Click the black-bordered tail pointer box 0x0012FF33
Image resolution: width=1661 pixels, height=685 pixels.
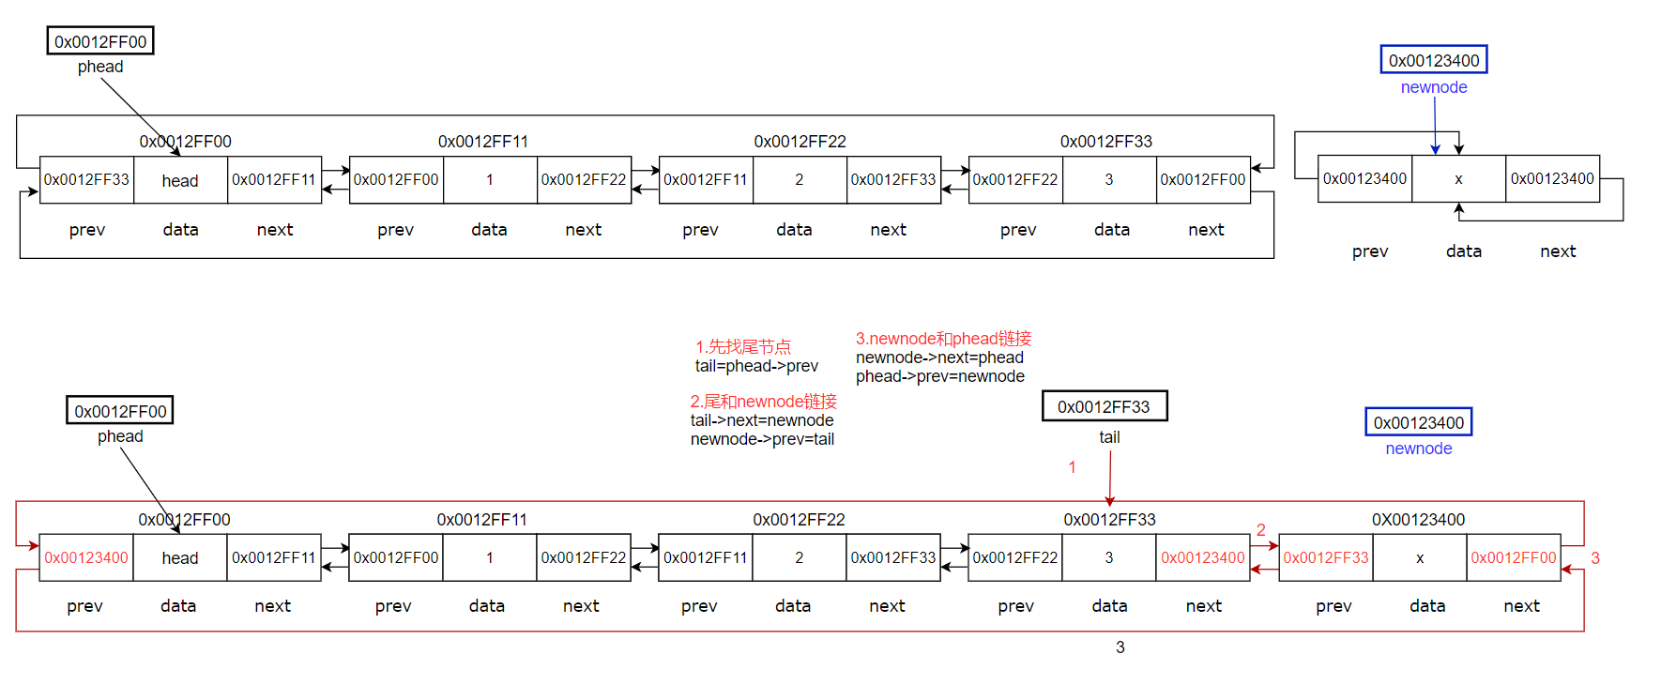click(1105, 406)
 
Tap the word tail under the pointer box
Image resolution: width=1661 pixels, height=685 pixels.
click(1109, 437)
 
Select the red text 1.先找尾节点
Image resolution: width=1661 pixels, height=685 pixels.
click(743, 347)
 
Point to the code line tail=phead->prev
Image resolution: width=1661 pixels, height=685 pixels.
click(756, 366)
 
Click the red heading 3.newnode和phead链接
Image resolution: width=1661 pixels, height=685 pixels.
click(943, 339)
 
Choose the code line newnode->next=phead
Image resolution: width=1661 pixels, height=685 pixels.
click(939, 358)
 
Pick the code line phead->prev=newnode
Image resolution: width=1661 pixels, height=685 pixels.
click(939, 376)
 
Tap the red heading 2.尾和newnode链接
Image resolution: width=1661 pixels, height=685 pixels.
click(763, 402)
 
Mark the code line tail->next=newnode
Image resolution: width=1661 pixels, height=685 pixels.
click(762, 420)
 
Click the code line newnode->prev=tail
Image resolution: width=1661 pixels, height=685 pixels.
click(762, 439)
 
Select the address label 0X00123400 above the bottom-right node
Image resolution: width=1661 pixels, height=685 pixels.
click(1418, 520)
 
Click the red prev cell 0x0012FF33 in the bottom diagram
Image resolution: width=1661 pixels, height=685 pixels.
click(1325, 557)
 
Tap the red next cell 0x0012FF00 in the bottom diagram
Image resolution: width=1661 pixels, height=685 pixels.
click(1513, 557)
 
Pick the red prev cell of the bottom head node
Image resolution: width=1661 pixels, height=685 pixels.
click(86, 557)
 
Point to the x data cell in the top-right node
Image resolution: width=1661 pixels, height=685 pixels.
click(1458, 179)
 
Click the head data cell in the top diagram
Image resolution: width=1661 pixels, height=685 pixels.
click(180, 180)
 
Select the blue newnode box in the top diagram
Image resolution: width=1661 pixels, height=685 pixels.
click(1434, 60)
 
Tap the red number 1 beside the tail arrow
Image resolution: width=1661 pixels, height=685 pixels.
click(1072, 467)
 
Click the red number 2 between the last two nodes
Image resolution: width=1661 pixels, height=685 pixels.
click(1261, 530)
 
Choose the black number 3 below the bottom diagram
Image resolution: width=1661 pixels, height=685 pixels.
click(1120, 647)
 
